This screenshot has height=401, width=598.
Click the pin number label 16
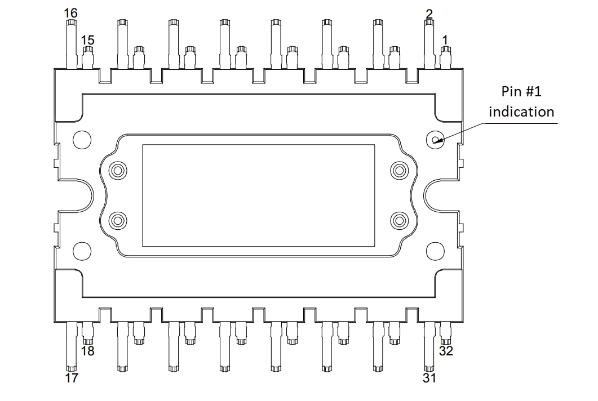click(71, 12)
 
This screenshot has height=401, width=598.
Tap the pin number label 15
click(87, 40)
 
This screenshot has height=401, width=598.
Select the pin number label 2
click(429, 14)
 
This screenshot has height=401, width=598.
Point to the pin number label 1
click(445, 40)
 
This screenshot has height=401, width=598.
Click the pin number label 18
click(87, 351)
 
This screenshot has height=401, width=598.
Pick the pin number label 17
click(71, 378)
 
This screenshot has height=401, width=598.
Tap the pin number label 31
click(429, 378)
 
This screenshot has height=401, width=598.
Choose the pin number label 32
click(446, 351)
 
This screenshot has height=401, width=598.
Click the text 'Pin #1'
click(521, 91)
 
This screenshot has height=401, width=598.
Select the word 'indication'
click(521, 112)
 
